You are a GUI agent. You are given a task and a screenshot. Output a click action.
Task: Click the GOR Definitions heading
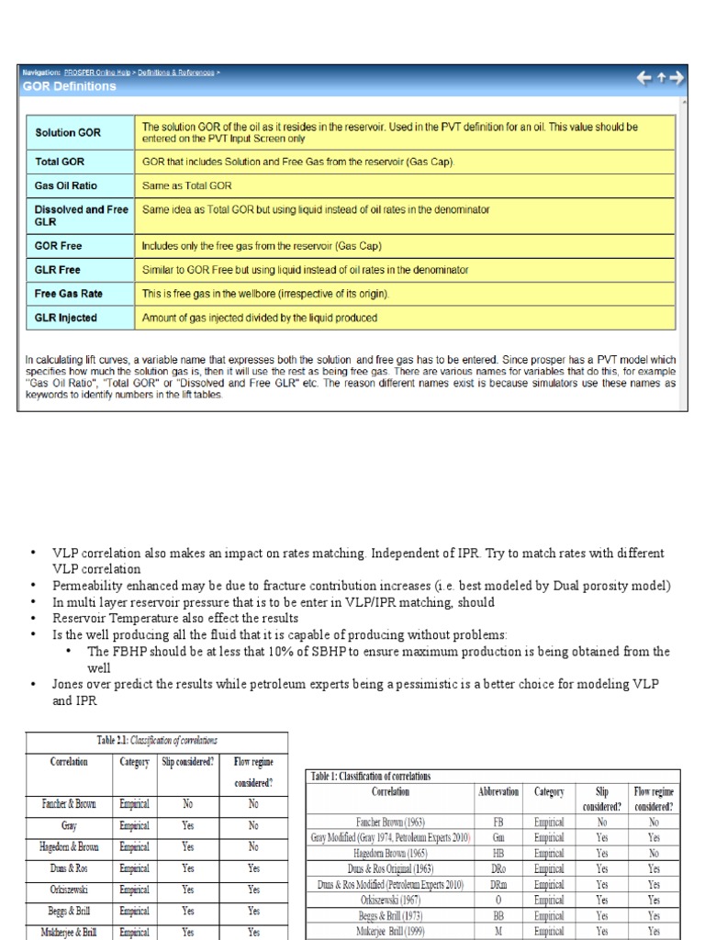[71, 86]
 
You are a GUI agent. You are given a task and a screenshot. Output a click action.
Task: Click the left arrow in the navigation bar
[644, 79]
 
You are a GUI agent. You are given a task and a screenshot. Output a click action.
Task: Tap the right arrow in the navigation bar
[677, 79]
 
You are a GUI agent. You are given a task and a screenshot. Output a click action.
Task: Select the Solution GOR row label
[68, 132]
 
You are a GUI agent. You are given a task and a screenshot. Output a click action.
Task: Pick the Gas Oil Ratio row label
[66, 185]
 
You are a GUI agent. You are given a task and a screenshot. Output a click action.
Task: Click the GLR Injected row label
[66, 318]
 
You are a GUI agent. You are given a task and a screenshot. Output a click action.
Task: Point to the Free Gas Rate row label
[69, 294]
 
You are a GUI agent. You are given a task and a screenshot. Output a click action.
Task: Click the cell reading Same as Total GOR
[186, 185]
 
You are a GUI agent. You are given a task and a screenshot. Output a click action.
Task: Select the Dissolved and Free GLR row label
[81, 216]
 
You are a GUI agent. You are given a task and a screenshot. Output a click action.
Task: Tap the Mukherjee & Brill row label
[70, 931]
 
